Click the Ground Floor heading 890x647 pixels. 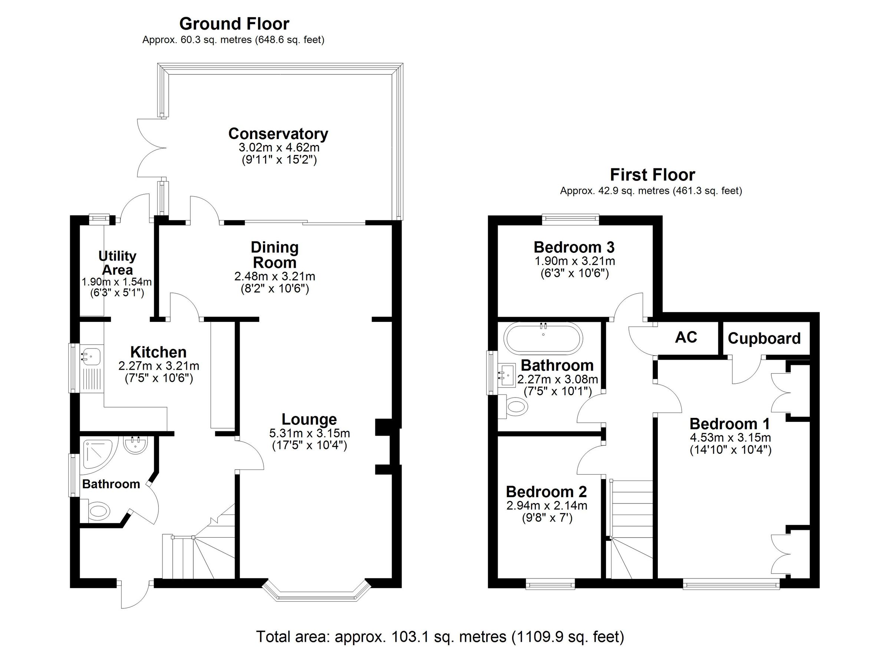(x=234, y=24)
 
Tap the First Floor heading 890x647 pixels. (x=652, y=175)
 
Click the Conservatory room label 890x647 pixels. (x=278, y=134)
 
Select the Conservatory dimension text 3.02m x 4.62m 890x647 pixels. (x=278, y=148)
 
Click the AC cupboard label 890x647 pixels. (x=686, y=337)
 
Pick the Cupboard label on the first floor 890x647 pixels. (x=764, y=339)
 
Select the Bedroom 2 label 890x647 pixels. (x=546, y=492)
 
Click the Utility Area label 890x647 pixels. (x=117, y=263)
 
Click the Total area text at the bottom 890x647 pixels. (x=439, y=636)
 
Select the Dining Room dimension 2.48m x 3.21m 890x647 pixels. (x=275, y=276)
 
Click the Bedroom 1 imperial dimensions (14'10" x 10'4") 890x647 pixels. (x=730, y=450)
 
